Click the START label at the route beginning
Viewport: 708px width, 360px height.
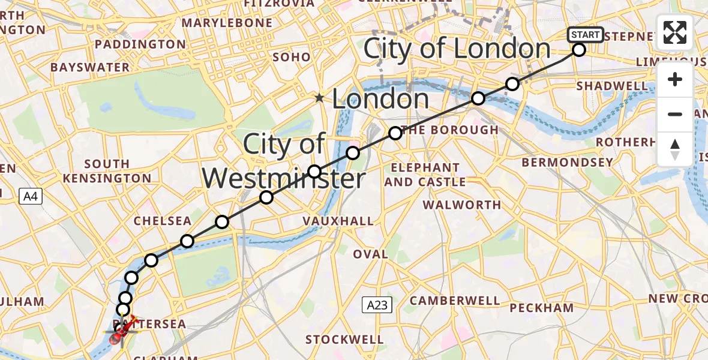[585, 35]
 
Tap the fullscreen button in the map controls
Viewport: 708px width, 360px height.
[675, 32]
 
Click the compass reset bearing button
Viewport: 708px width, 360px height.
[675, 149]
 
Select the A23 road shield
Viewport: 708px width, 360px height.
[377, 305]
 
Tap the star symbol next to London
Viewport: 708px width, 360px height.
[321, 97]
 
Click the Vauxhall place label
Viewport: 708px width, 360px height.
[338, 221]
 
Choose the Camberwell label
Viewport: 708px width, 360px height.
[455, 300]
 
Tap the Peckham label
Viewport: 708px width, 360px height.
[542, 308]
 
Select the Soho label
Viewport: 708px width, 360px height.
[292, 57]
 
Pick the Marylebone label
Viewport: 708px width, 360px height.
[227, 23]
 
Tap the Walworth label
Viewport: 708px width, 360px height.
[461, 205]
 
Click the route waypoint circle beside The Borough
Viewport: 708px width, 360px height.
[395, 133]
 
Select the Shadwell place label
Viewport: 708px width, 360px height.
[612, 86]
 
